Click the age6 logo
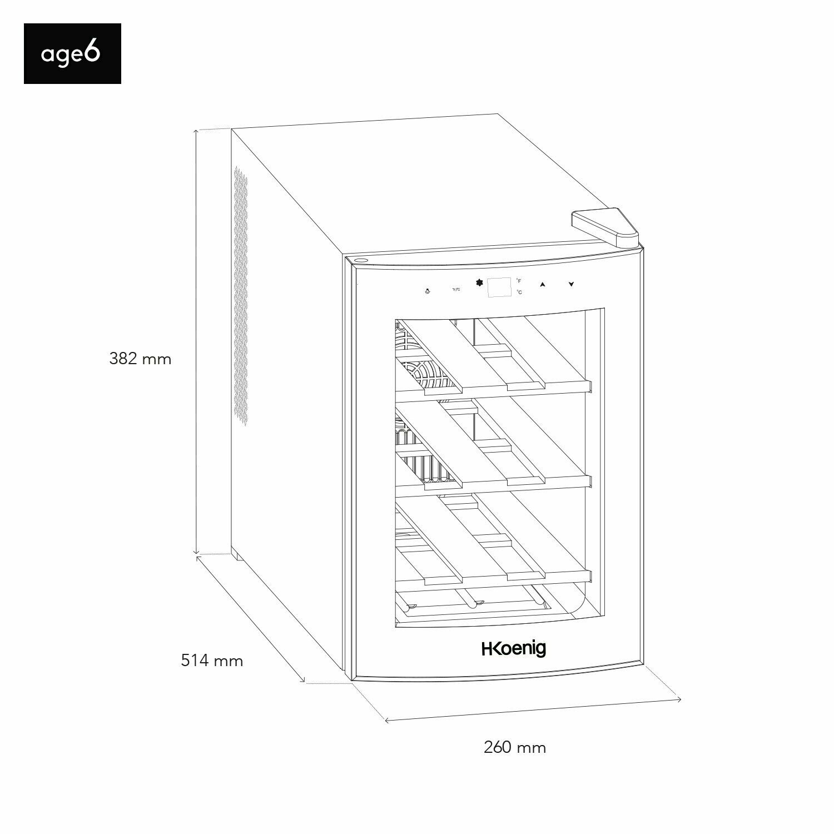point(72,53)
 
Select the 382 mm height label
point(140,359)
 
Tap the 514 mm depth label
point(212,661)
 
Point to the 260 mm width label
point(515,747)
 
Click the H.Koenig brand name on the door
point(513,649)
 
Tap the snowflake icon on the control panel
point(479,282)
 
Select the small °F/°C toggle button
point(456,290)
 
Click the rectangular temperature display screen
point(499,287)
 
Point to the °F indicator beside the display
point(519,281)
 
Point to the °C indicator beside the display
point(519,292)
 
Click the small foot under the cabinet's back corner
point(236,555)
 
